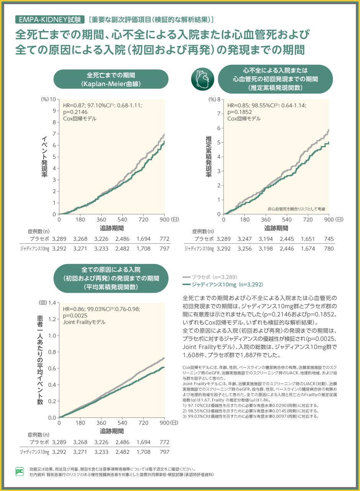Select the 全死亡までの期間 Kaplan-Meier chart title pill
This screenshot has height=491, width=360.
tap(111, 79)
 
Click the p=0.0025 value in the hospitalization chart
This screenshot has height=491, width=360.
tap(76, 315)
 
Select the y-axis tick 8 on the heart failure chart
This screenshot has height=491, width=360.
tap(219, 99)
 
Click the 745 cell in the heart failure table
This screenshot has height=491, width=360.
tap(329, 239)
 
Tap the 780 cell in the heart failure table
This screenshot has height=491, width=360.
tap(329, 249)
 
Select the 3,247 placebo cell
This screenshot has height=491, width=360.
tap(244, 239)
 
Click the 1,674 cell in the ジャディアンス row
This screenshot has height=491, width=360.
tap(308, 249)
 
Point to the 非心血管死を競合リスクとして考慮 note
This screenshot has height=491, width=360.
tap(296, 209)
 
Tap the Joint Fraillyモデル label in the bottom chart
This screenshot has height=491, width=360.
tap(84, 322)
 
